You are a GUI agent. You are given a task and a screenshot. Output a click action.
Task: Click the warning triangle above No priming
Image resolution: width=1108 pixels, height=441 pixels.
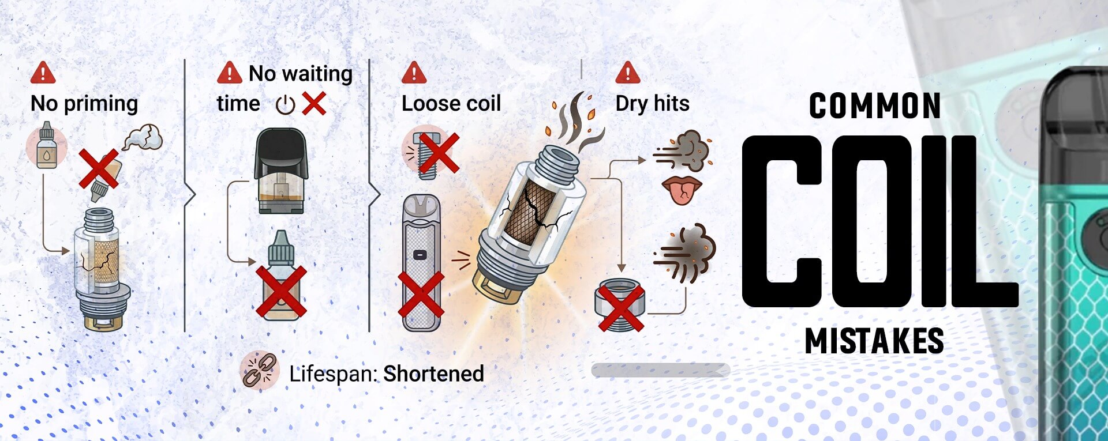pos(43,73)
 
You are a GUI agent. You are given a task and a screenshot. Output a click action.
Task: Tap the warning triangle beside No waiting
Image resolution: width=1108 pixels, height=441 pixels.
pos(229,73)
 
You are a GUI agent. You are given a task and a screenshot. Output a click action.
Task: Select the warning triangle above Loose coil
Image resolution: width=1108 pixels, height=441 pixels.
pos(414,73)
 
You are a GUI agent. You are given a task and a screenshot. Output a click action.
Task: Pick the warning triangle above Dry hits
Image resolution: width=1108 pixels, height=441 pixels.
pos(628,73)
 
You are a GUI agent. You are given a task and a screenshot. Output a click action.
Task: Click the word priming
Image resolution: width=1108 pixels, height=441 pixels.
pos(101,104)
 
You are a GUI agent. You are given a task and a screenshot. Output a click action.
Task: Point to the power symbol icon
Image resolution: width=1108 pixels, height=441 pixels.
pos(285,105)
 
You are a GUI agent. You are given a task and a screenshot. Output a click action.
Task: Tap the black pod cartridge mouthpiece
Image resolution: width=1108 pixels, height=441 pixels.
pos(281,153)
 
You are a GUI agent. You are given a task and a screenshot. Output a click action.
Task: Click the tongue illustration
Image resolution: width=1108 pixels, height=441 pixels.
pos(682,191)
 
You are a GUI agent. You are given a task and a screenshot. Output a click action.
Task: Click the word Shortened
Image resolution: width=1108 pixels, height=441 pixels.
pos(433,374)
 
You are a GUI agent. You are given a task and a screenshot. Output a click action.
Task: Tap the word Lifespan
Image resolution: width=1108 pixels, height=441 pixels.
pos(333,374)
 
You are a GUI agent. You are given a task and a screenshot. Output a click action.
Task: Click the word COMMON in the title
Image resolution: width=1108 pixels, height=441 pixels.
pos(875,106)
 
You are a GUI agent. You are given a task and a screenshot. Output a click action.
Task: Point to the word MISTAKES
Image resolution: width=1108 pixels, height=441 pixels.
pos(874,341)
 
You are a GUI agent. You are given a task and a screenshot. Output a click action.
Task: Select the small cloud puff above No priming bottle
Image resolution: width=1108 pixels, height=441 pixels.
pos(143,138)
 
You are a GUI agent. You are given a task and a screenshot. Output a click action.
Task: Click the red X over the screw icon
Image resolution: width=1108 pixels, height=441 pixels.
pos(439,153)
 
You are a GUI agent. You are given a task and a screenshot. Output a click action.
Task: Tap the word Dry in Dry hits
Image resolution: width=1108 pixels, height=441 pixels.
pos(631,104)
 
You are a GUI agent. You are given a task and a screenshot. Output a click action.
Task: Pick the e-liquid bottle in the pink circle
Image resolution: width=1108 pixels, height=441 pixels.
pos(46,145)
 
